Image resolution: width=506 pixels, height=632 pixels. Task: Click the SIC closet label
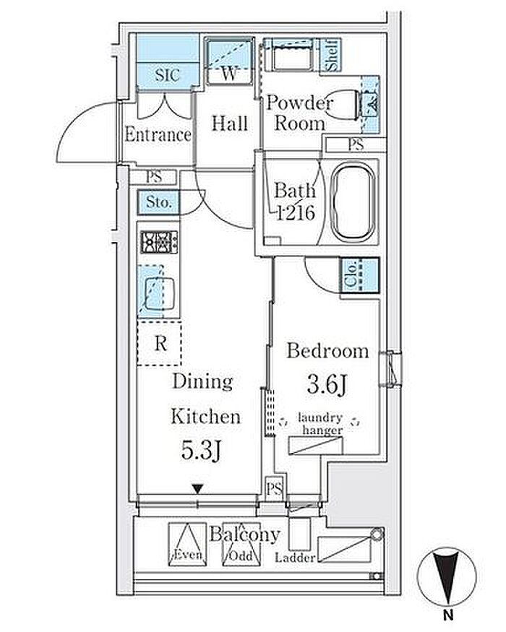tap(167, 75)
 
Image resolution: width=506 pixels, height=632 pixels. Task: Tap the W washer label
tap(229, 74)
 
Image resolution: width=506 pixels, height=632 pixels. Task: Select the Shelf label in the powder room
tap(332, 55)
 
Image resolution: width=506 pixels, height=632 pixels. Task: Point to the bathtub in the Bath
tap(352, 203)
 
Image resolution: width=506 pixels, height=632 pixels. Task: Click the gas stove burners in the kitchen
tap(159, 242)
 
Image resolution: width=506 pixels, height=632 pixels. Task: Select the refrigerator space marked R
tap(159, 343)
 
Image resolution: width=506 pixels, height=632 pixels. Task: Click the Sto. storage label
tap(158, 202)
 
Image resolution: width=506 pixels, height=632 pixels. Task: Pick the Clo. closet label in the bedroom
tap(351, 274)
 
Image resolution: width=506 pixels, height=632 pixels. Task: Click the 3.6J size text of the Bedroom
tap(327, 385)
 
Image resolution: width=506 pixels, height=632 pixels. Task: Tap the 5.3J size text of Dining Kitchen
tap(201, 450)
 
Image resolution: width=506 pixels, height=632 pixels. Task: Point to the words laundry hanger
tap(321, 423)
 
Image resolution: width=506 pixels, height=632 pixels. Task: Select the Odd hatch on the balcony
tap(241, 544)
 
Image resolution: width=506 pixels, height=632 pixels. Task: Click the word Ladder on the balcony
tap(295, 558)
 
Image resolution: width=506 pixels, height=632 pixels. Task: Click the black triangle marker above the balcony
tap(197, 490)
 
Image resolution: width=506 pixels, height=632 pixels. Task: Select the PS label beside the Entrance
tap(154, 177)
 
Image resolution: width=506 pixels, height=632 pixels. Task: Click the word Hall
tap(230, 124)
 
